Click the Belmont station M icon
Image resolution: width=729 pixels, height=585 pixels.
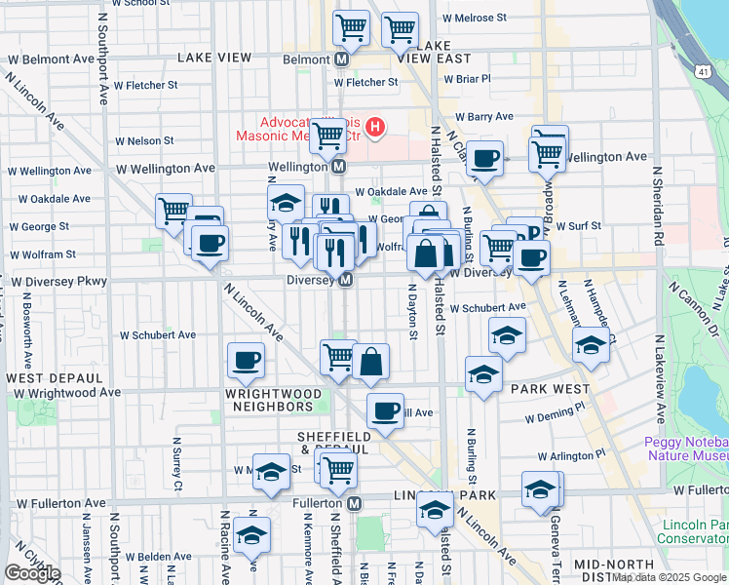pos(342,58)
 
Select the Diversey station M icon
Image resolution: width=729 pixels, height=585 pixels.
pos(345,280)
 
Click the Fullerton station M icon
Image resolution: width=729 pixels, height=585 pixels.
pos(355,503)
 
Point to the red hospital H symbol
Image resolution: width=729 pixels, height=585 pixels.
pos(374,128)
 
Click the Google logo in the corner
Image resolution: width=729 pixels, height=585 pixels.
pos(32,573)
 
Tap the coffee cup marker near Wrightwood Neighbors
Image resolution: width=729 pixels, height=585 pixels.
pos(246,360)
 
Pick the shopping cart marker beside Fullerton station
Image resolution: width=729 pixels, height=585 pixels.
pos(338,469)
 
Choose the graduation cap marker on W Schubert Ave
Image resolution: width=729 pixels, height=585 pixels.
pos(507,333)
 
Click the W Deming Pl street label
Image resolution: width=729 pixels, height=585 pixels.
pos(557,415)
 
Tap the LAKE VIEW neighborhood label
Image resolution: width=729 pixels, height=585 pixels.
pos(214,58)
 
